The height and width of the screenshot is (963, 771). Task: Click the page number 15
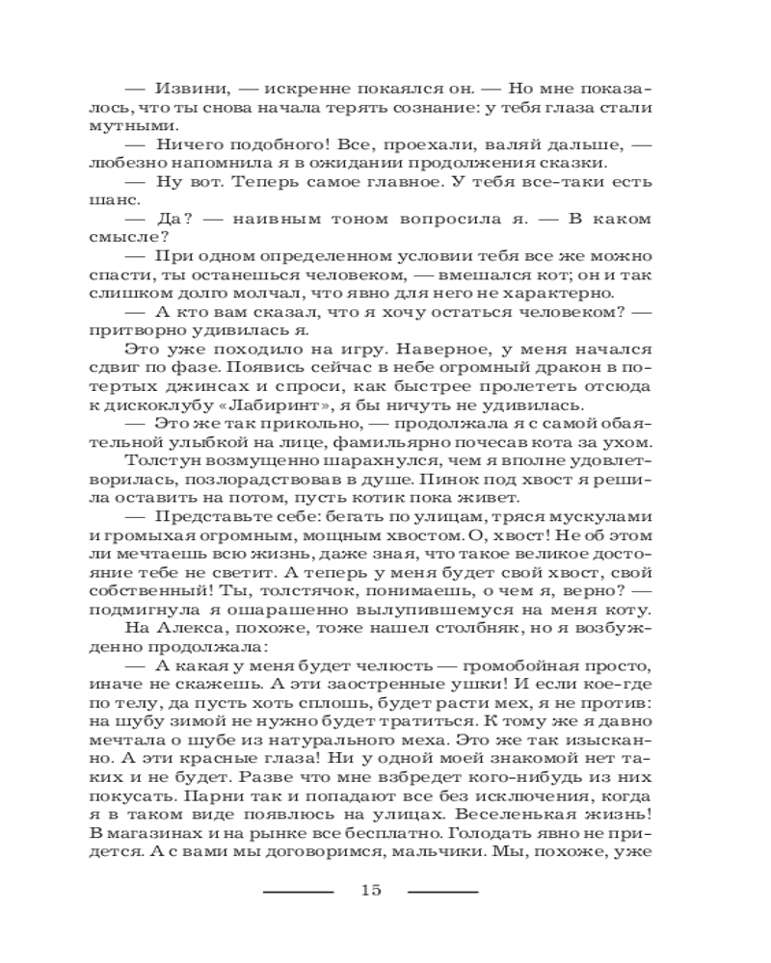click(x=370, y=889)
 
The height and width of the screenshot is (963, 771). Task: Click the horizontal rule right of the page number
click(x=442, y=890)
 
